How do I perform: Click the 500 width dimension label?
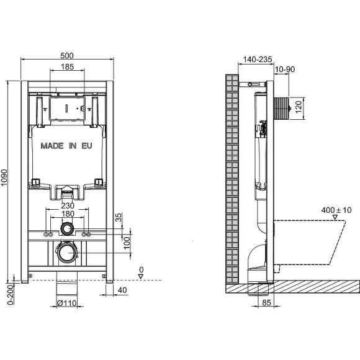[68, 53]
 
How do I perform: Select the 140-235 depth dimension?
[255, 60]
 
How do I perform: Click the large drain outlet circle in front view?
[66, 252]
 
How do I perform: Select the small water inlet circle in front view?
[66, 230]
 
